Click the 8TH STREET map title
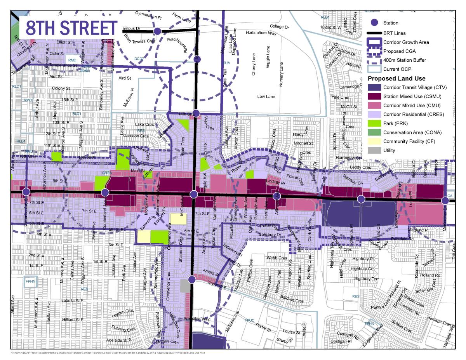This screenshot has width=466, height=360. point(71,28)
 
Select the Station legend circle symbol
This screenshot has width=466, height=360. point(374,23)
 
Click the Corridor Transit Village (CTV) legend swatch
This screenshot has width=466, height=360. point(374,87)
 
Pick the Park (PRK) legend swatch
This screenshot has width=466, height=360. point(374,123)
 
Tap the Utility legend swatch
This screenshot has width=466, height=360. point(374,150)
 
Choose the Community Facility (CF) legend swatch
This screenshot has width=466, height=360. point(374,141)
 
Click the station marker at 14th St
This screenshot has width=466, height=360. point(196,113)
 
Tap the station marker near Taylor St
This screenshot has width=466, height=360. point(191,279)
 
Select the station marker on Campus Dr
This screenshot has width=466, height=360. point(157,31)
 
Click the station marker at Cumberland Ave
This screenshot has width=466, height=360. point(104,192)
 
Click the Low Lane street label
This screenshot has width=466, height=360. point(266,96)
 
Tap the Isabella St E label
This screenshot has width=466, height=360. point(72,301)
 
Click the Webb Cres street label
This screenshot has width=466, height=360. point(277,258)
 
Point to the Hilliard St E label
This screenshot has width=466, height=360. point(73,320)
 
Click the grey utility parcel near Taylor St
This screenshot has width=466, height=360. point(186,287)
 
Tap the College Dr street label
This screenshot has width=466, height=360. point(280,26)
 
